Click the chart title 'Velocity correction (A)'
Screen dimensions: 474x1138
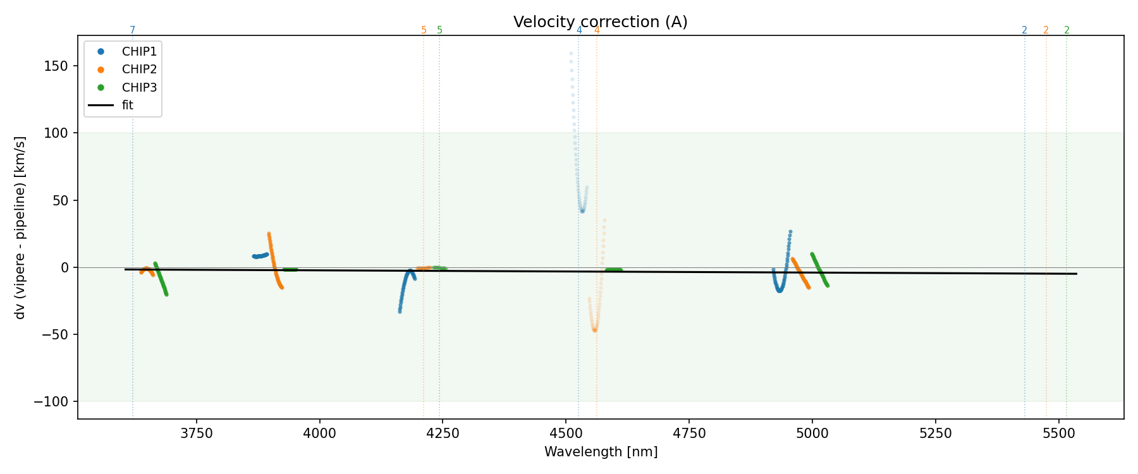point(600,22)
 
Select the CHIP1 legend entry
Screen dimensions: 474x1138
point(139,52)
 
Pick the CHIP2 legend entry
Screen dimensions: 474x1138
point(139,70)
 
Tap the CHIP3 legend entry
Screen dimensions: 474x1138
point(139,87)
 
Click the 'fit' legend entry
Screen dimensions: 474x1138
point(127,105)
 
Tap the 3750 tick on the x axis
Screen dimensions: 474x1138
point(197,434)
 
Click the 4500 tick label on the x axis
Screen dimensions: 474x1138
point(566,434)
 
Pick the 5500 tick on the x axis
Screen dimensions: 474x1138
point(1058,434)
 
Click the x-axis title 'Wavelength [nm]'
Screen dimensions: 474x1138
point(601,452)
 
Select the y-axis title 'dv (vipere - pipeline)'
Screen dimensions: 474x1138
point(20,228)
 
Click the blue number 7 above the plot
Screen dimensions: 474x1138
point(132,30)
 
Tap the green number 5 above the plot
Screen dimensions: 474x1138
point(439,30)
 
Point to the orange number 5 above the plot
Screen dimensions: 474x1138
point(424,30)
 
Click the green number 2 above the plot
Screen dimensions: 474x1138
point(1067,30)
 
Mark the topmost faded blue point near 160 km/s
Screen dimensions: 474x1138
point(571,54)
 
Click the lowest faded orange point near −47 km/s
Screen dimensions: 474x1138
point(594,330)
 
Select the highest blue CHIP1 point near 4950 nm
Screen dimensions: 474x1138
point(790,232)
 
